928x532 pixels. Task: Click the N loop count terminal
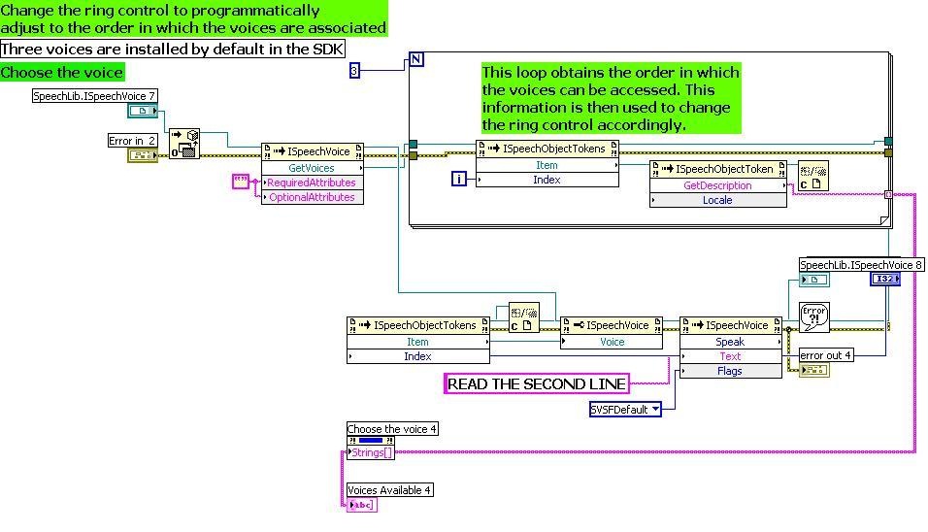416,60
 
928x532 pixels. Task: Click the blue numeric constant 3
354,70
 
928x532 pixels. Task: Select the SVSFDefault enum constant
625,409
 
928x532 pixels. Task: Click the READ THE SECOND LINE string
536,383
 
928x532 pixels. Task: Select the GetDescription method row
717,185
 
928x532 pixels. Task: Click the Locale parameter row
717,200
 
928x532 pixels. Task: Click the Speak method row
730,342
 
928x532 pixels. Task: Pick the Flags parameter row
730,371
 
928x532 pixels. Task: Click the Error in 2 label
132,141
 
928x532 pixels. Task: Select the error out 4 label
825,355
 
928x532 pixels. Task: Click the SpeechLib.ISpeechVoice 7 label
95,96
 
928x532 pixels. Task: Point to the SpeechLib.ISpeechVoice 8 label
861,264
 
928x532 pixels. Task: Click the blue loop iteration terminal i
461,179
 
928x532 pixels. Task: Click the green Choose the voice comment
62,72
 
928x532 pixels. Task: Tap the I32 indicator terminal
885,279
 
